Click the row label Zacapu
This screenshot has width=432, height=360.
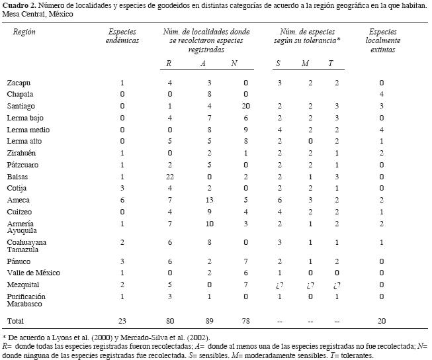coord(19,83)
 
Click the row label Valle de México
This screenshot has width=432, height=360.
coord(33,272)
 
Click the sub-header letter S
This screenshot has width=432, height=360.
coord(279,64)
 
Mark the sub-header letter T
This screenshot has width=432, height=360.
coord(330,64)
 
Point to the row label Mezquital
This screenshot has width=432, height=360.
coord(24,284)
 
